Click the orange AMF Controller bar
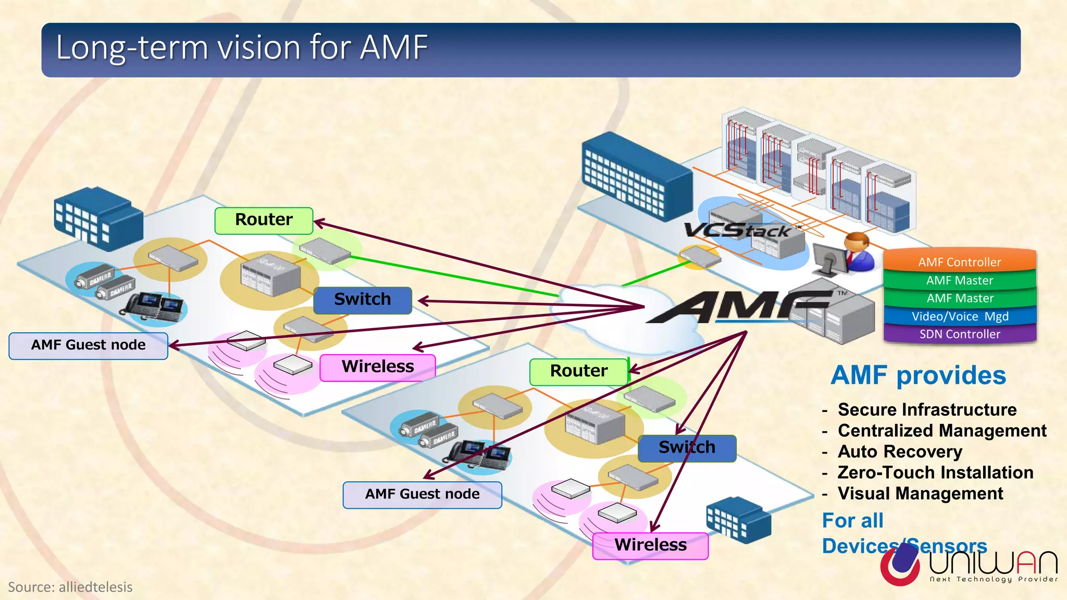tap(959, 261)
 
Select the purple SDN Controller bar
tap(959, 334)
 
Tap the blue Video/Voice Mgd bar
tap(959, 316)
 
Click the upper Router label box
tap(264, 220)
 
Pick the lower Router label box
tap(578, 371)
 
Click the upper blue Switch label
tap(362, 299)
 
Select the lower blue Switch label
tap(687, 447)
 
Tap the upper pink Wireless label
tap(377, 367)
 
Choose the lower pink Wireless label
tap(650, 545)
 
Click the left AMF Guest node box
tap(88, 345)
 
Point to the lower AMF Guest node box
tap(422, 494)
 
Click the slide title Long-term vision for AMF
tap(242, 47)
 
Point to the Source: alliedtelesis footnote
tap(70, 587)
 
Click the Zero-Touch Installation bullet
tap(935, 472)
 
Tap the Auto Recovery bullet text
tap(900, 452)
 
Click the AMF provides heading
tap(918, 376)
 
